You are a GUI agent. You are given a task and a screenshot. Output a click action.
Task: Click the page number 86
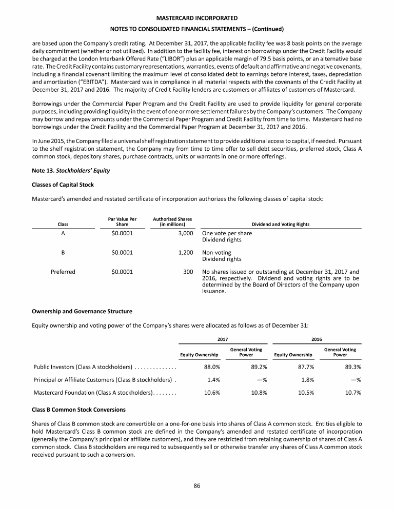point(196,486)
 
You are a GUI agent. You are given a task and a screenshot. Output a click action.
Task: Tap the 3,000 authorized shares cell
point(185,233)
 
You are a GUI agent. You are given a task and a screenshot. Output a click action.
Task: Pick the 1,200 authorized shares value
point(185,253)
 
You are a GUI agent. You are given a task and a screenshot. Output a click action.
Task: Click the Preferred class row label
point(63,272)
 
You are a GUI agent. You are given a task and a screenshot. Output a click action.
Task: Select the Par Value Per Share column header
point(122,221)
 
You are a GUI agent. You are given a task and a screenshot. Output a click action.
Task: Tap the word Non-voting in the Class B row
point(216,253)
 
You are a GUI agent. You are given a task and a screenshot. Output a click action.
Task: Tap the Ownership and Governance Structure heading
point(82,311)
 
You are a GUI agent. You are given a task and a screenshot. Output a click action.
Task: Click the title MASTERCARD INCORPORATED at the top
point(196,18)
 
